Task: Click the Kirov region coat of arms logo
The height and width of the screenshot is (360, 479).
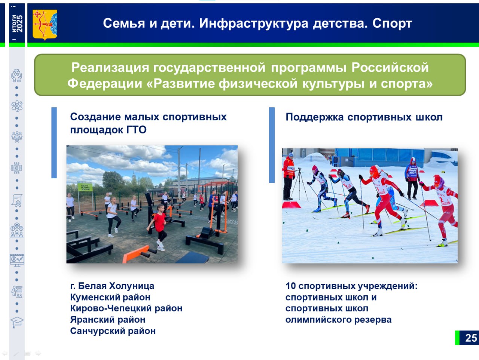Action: pos(45,25)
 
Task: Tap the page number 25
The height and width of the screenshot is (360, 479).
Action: pos(471,338)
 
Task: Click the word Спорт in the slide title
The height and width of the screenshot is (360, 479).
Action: pos(392,23)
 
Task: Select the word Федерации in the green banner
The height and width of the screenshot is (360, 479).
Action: pos(105,83)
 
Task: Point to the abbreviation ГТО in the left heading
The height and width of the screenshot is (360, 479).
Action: pos(137,130)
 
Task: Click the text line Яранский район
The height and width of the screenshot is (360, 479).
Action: pos(107,320)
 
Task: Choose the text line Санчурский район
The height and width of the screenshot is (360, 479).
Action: pos(113,331)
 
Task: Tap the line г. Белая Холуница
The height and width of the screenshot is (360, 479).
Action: pos(112,286)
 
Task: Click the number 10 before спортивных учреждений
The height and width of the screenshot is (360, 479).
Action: pos(290,286)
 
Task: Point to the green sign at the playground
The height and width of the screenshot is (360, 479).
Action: pos(85,187)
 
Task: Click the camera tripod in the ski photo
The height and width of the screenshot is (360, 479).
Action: pos(300,185)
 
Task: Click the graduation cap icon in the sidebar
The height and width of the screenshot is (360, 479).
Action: pos(17,322)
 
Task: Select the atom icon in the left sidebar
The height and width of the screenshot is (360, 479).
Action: pos(17,106)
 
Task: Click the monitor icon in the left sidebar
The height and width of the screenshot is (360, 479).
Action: pos(17,260)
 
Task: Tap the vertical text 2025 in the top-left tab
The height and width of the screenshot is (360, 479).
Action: pos(19,24)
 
